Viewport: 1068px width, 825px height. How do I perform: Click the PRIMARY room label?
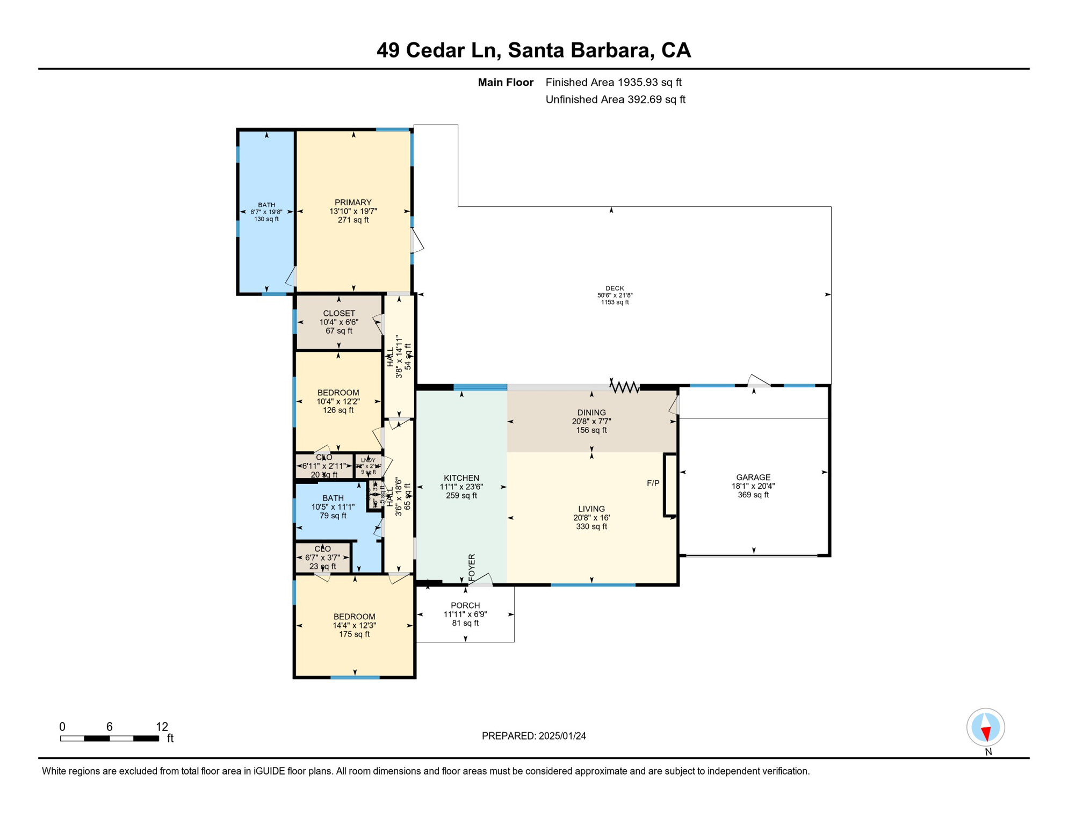pyautogui.click(x=353, y=202)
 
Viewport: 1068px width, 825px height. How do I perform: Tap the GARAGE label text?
pyautogui.click(x=753, y=477)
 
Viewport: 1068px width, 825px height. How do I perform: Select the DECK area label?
pyautogui.click(x=615, y=288)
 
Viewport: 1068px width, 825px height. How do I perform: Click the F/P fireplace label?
pyautogui.click(x=653, y=483)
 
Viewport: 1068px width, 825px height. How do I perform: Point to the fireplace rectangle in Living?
pyautogui.click(x=670, y=486)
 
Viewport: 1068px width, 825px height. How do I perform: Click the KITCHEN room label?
pyautogui.click(x=461, y=478)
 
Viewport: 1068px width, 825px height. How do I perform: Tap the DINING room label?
pyautogui.click(x=591, y=412)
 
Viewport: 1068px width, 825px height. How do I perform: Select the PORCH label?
pyautogui.click(x=465, y=605)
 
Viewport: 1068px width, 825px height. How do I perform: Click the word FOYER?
pyautogui.click(x=472, y=567)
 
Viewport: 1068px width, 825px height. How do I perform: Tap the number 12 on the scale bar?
pyautogui.click(x=162, y=727)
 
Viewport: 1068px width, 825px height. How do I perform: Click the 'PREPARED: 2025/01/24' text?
pyautogui.click(x=533, y=736)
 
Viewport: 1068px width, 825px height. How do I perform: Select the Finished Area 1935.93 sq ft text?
pyautogui.click(x=613, y=82)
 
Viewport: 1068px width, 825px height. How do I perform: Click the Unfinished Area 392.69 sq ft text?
pyautogui.click(x=615, y=99)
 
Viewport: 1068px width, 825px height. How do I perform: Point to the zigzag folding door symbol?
pyautogui.click(x=624, y=386)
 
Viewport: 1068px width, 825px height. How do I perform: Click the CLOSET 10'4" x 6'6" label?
pyautogui.click(x=339, y=322)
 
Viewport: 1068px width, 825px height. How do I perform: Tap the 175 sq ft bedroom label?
pyautogui.click(x=354, y=634)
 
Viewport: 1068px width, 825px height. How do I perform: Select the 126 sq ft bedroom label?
pyautogui.click(x=338, y=410)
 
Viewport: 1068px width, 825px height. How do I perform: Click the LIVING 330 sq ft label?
pyautogui.click(x=591, y=517)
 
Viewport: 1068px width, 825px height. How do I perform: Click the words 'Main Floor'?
pyautogui.click(x=506, y=82)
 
